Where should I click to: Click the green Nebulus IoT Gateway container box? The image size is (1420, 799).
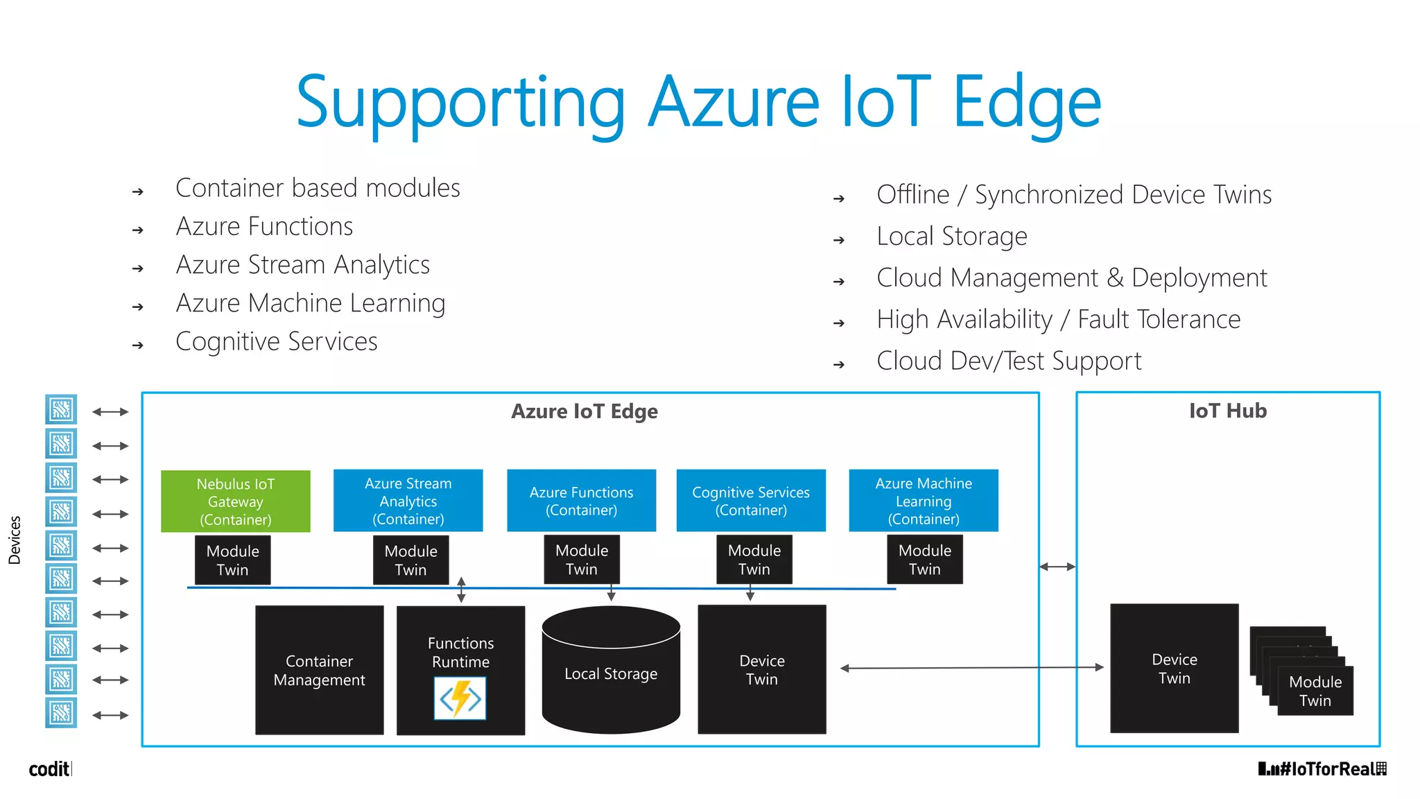click(235, 501)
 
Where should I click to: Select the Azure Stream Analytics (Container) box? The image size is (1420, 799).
click(408, 501)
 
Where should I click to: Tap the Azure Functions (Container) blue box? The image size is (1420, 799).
click(581, 501)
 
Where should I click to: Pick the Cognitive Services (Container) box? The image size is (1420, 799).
click(751, 501)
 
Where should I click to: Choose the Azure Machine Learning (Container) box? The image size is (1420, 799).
click(924, 501)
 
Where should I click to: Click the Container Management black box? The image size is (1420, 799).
click(319, 670)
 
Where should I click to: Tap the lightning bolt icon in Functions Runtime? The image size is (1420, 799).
click(460, 698)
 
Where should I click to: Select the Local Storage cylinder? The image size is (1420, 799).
click(611, 673)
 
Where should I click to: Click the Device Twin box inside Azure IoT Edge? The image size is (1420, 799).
click(761, 669)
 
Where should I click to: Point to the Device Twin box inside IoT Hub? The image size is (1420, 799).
click(1174, 668)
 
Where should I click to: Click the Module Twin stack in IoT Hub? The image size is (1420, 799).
click(1315, 690)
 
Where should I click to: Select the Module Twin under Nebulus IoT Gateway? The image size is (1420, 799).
click(232, 560)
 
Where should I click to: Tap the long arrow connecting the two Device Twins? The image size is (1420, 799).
click(971, 668)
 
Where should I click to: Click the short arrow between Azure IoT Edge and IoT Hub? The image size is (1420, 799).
click(1057, 567)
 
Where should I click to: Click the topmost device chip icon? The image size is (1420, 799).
click(61, 410)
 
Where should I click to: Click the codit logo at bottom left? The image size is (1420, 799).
click(49, 768)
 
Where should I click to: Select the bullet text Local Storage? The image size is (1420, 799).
click(951, 237)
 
